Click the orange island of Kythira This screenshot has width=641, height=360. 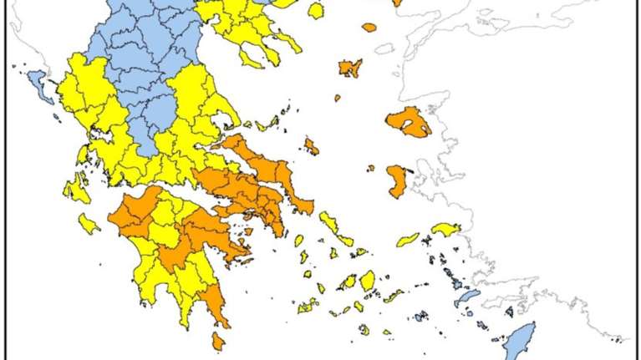218,342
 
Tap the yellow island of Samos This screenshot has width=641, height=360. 446,228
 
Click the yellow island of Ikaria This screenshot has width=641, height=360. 408,240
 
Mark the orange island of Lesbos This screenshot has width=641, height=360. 410,122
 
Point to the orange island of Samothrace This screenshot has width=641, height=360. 369,28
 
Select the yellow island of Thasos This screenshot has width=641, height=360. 315,12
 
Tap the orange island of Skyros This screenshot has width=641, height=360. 311,147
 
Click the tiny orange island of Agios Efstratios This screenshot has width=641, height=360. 338,98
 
